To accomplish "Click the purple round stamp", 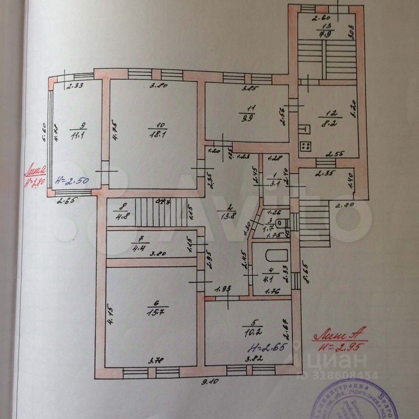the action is pos(349,399).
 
